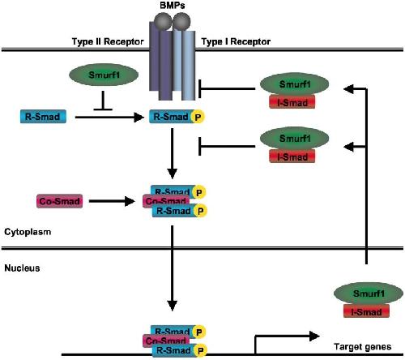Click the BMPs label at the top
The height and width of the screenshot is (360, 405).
tap(173, 6)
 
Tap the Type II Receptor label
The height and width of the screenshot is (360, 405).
tap(108, 41)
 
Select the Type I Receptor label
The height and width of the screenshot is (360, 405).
tap(236, 41)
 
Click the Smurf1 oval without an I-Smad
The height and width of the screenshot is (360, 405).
tap(104, 75)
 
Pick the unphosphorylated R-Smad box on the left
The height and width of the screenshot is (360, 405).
tap(43, 117)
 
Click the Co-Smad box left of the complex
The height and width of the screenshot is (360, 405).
tap(59, 201)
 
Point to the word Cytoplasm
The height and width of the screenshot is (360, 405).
tap(28, 232)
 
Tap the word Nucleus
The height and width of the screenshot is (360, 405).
tap(22, 268)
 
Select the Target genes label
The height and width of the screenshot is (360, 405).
tap(362, 346)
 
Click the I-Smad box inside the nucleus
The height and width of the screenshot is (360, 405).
tap(366, 311)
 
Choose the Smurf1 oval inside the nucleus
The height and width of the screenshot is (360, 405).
tap(369, 294)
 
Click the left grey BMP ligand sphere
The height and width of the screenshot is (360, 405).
tap(163, 21)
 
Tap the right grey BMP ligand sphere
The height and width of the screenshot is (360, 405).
tap(181, 21)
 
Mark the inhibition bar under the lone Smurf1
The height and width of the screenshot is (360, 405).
tap(103, 101)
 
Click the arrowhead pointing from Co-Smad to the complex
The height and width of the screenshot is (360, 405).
tap(130, 201)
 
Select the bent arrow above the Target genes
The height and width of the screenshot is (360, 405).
tap(287, 336)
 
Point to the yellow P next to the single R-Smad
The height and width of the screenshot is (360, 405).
tap(198, 117)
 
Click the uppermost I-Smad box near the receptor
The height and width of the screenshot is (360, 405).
tap(292, 102)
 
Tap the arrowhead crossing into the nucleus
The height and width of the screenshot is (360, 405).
tap(173, 305)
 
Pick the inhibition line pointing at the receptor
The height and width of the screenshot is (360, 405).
tap(227, 88)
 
